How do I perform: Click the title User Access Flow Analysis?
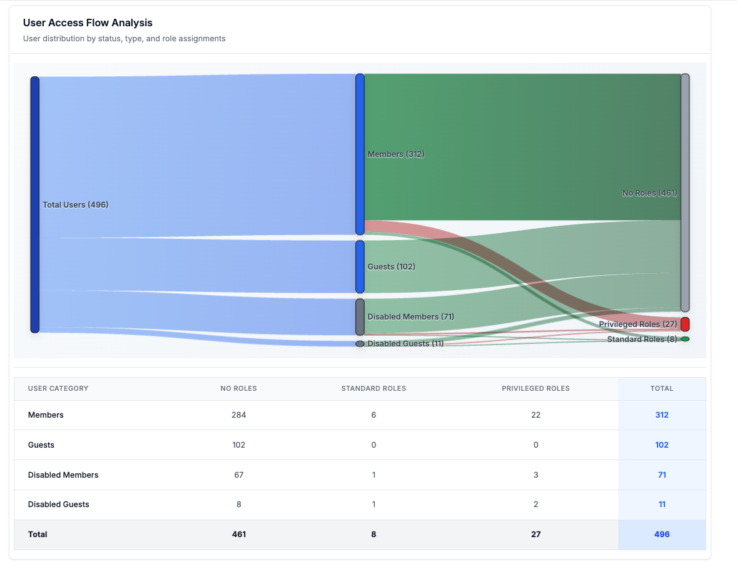(x=88, y=23)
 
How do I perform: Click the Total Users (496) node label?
(x=75, y=204)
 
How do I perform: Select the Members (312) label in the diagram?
(x=396, y=154)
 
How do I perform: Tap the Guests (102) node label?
(x=391, y=266)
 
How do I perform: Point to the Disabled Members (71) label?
(x=410, y=316)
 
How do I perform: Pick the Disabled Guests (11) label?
(x=405, y=343)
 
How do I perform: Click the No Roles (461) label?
(x=649, y=193)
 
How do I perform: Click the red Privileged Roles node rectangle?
(x=685, y=324)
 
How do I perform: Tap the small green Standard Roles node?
(x=685, y=339)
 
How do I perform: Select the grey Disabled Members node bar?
(x=360, y=316)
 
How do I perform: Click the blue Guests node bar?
(x=360, y=266)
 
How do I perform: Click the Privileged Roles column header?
(x=536, y=388)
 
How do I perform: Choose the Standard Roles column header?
(x=374, y=388)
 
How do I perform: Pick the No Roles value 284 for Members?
(x=238, y=415)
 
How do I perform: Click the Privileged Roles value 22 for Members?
(x=536, y=415)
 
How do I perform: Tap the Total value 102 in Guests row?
(x=662, y=445)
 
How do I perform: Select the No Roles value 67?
(x=238, y=475)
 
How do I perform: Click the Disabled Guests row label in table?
(x=59, y=504)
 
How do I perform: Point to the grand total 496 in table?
(x=662, y=535)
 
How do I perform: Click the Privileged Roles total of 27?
(x=536, y=535)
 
